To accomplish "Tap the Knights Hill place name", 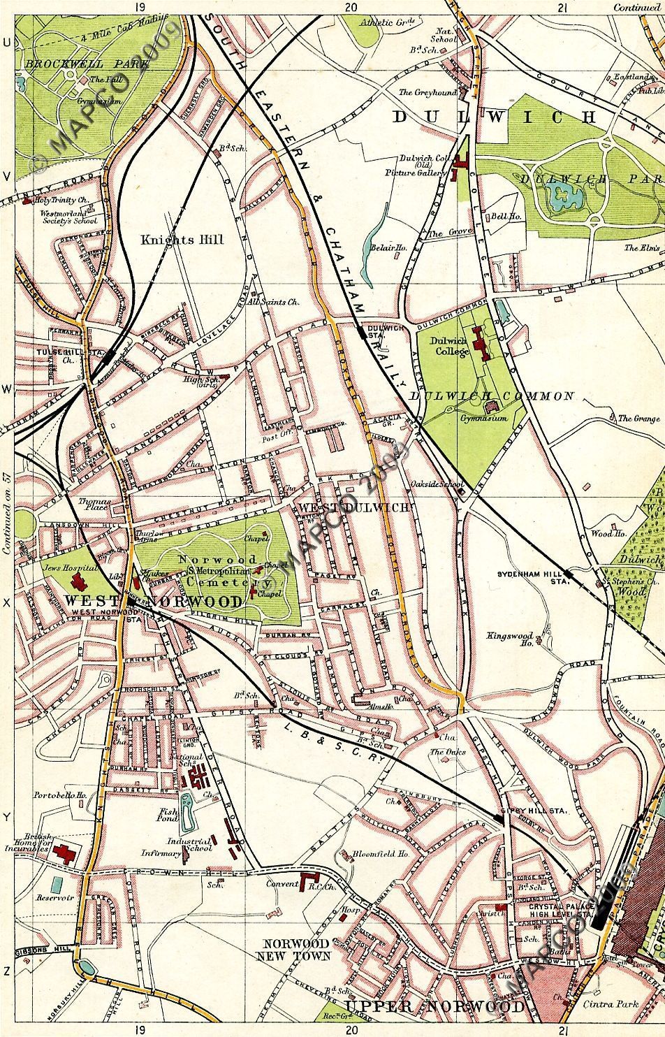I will (182, 240).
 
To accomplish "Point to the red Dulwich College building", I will (481, 345).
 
